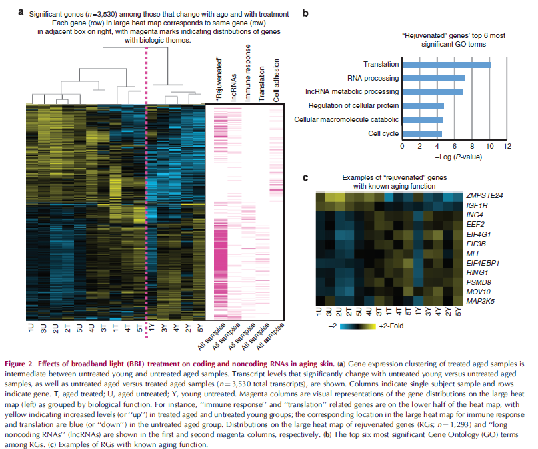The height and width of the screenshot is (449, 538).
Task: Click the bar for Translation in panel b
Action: pos(446,65)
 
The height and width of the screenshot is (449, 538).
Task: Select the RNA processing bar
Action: pos(433,78)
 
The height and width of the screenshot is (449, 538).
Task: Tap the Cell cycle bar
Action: pos(422,133)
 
